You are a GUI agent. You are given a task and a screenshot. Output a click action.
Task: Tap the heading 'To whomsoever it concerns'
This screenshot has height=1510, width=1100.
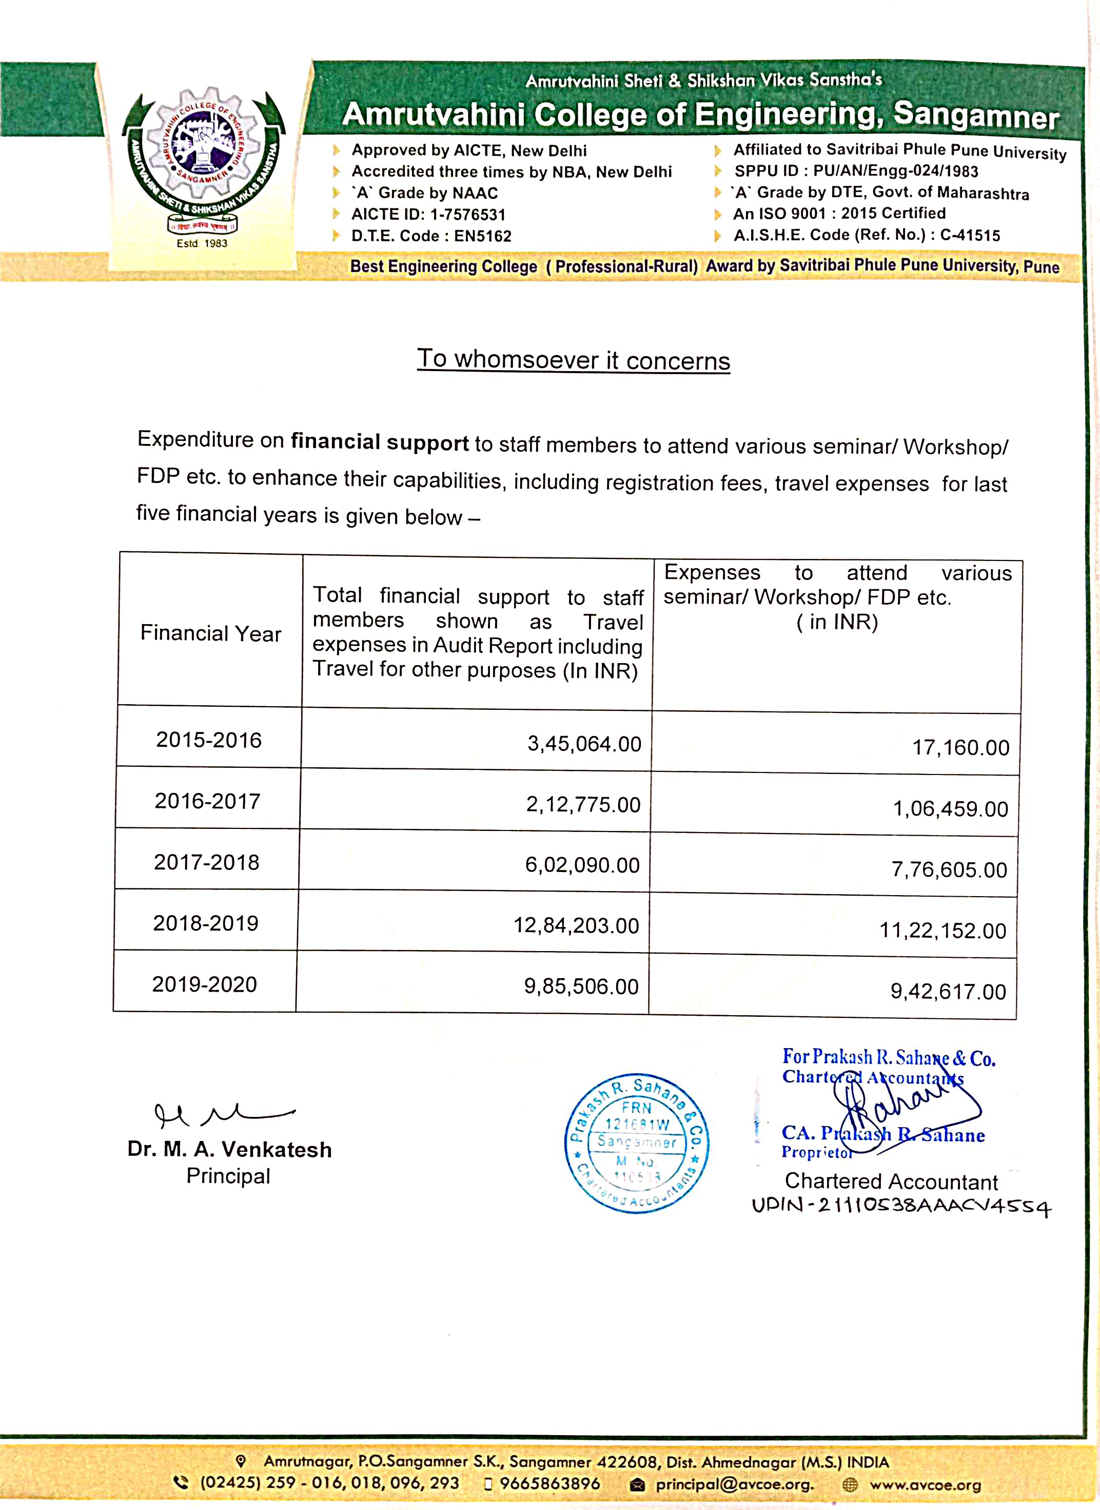(573, 360)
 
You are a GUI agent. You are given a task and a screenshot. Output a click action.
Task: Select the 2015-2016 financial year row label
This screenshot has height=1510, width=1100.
(208, 740)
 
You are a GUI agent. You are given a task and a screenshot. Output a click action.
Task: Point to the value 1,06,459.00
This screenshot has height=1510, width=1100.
(950, 808)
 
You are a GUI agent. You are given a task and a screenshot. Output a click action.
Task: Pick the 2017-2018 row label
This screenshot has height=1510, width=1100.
(206, 862)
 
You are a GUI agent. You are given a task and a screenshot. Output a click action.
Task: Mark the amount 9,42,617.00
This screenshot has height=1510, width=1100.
(948, 992)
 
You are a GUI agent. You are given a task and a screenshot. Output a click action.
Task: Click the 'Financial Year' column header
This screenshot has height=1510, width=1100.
(210, 633)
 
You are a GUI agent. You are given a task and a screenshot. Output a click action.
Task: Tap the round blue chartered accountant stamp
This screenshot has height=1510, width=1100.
(637, 1143)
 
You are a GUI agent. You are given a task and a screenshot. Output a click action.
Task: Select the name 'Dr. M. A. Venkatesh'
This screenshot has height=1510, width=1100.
(229, 1150)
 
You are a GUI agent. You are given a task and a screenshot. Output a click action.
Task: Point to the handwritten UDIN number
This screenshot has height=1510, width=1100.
(901, 1206)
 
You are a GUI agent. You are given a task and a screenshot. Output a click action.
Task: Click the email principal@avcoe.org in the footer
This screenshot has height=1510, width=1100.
(734, 1485)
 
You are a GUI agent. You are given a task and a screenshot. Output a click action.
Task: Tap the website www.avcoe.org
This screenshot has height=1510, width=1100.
(925, 1485)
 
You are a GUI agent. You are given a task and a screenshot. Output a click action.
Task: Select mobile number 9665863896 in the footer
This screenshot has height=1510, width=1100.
(549, 1484)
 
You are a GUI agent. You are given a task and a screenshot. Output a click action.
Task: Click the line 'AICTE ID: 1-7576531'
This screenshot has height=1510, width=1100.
(428, 215)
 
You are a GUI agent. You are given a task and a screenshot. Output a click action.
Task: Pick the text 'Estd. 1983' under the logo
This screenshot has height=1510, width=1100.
(202, 244)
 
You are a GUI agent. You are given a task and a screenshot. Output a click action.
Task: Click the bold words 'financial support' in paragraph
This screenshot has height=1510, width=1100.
(380, 442)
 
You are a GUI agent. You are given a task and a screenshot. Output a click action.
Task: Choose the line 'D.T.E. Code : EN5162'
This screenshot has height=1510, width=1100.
(431, 236)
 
